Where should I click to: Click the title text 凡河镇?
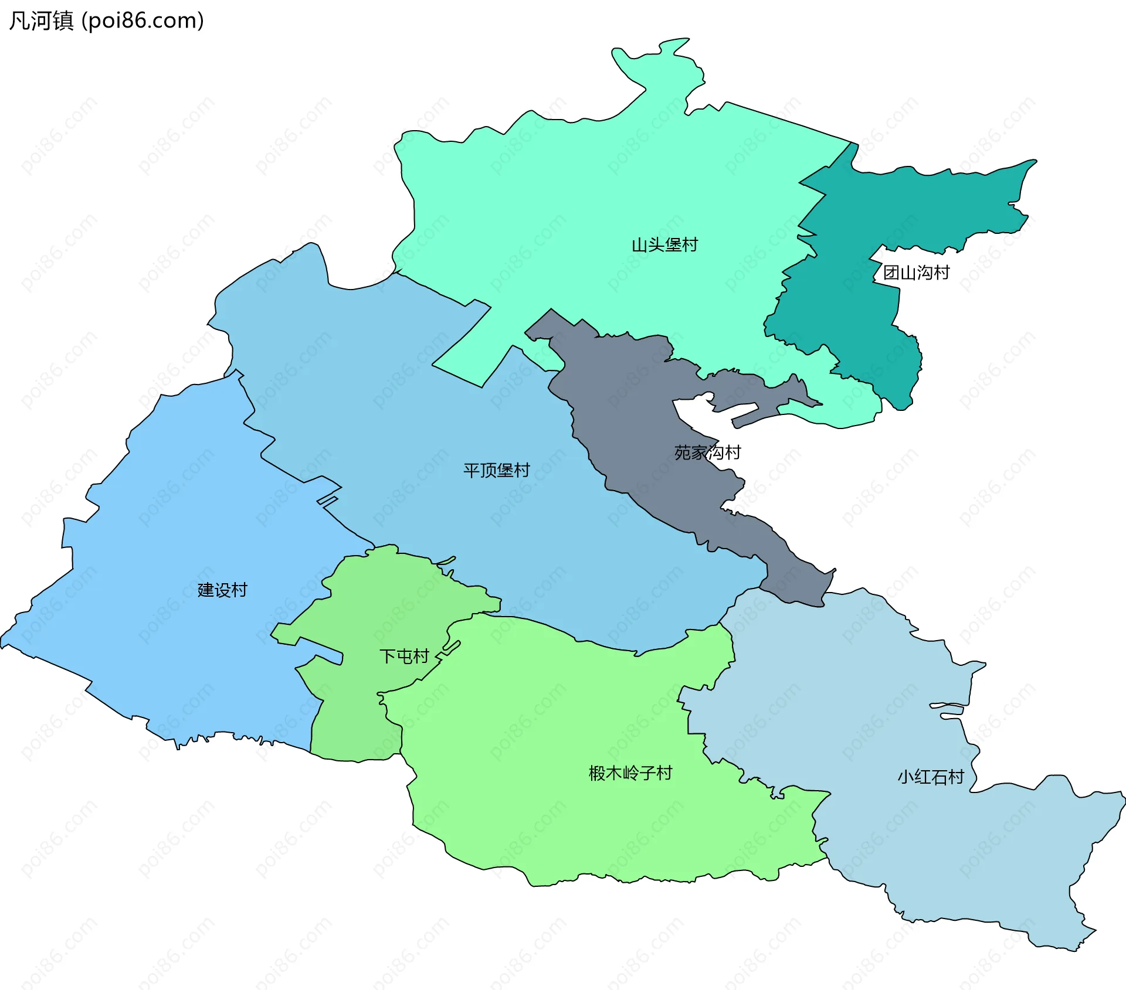[x=41, y=21]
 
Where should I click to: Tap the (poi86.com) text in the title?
[x=143, y=21]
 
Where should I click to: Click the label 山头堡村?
[x=664, y=245]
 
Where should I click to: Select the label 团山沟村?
[x=916, y=273]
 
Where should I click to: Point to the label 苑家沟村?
[x=707, y=453]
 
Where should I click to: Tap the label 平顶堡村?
[x=496, y=470]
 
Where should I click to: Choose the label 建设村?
[x=222, y=590]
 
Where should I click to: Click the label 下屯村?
[x=404, y=656]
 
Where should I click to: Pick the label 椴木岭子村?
[x=630, y=773]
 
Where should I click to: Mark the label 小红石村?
[x=931, y=777]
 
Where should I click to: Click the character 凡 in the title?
[x=19, y=21]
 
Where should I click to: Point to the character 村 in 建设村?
[x=239, y=590]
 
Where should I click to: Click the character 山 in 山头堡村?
[x=639, y=245]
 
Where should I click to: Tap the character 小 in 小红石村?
[x=906, y=777]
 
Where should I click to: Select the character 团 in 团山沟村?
[x=891, y=273]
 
